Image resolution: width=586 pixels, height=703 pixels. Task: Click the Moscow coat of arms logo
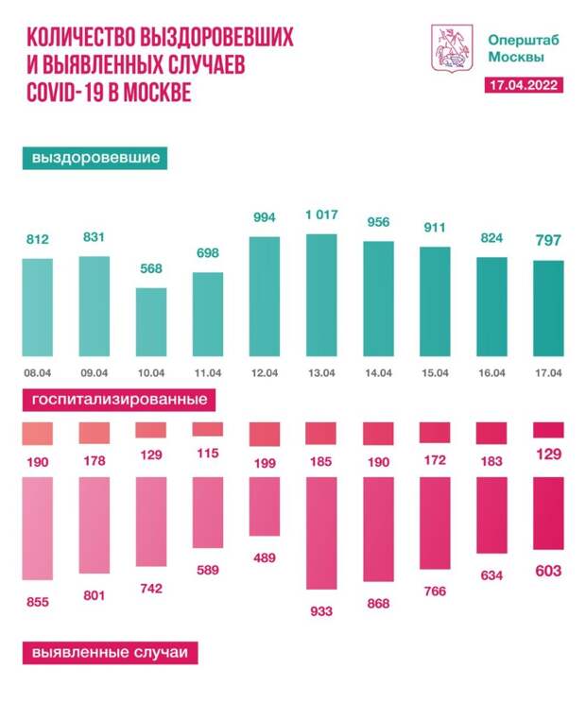[446, 48]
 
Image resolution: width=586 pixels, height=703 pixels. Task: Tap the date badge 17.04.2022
[522, 85]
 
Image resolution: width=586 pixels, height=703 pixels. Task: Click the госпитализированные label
[120, 400]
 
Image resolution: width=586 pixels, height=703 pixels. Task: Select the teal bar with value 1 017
[321, 293]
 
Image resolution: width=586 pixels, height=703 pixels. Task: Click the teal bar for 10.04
[151, 319]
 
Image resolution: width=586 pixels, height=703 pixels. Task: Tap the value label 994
[265, 218]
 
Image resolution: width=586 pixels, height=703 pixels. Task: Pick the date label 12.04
[265, 373]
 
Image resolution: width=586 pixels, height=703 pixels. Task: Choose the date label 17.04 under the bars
[549, 373]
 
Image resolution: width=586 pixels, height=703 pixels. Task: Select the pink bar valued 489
[265, 506]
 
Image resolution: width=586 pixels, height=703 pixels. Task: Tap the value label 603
[549, 571]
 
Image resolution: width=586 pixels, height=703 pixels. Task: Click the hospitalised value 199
[265, 463]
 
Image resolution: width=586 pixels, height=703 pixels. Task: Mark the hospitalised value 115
[208, 454]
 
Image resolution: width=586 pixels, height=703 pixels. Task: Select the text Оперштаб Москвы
[517, 48]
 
